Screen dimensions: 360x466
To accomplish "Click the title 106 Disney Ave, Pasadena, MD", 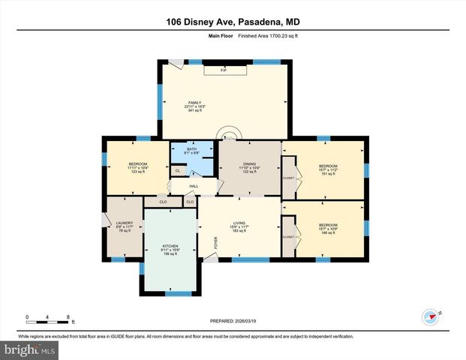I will [x=233, y=22].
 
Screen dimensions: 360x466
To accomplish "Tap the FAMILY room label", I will [x=195, y=102].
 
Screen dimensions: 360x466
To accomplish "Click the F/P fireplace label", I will [x=223, y=70].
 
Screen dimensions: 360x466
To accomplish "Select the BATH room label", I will [x=191, y=149].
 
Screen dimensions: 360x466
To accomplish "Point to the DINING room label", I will [x=250, y=167].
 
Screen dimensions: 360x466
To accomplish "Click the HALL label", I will [x=193, y=186].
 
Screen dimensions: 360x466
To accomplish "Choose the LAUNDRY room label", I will [x=124, y=223].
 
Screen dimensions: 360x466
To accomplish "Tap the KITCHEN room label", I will [x=173, y=245].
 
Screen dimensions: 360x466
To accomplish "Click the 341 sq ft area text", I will [x=195, y=111].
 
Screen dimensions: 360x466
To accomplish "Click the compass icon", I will [x=430, y=316].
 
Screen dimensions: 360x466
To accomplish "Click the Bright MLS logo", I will [x=29, y=350].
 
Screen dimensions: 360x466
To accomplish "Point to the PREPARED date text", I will [x=233, y=322].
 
